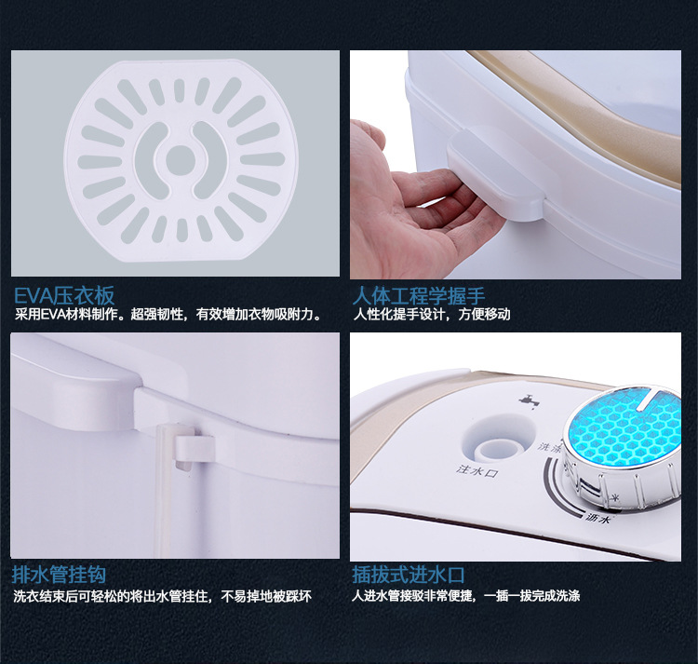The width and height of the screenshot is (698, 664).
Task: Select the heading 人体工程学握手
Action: pos(419,296)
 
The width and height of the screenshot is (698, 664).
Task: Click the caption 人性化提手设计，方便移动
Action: pos(432,315)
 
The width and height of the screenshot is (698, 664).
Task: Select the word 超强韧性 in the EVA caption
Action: pos(157,315)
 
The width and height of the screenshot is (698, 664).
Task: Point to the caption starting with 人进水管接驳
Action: pos(465,595)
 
